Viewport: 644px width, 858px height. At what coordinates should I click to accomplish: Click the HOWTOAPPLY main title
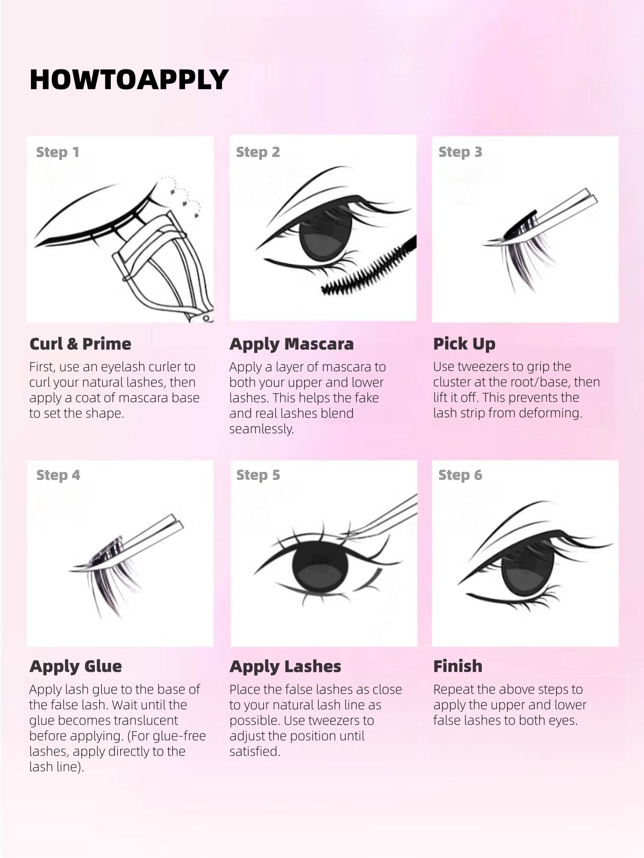click(x=129, y=80)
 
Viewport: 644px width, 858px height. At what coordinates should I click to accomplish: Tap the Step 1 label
click(x=58, y=152)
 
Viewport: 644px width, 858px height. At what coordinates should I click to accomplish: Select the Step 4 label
click(x=58, y=475)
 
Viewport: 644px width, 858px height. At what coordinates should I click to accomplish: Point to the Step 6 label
click(x=460, y=475)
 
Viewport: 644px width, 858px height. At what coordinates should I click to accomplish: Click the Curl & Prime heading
click(x=80, y=344)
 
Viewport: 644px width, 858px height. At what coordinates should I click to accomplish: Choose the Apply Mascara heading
click(x=292, y=344)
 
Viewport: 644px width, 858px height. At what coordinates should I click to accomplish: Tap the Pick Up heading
click(x=464, y=344)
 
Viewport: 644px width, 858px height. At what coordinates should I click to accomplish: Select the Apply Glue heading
click(x=76, y=666)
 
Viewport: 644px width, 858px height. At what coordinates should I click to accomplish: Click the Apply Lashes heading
click(x=285, y=666)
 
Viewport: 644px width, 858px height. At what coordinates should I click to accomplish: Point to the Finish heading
click(x=458, y=666)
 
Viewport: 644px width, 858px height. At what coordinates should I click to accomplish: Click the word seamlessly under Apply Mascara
click(x=261, y=429)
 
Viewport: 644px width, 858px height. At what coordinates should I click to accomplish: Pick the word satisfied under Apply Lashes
click(x=254, y=751)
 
